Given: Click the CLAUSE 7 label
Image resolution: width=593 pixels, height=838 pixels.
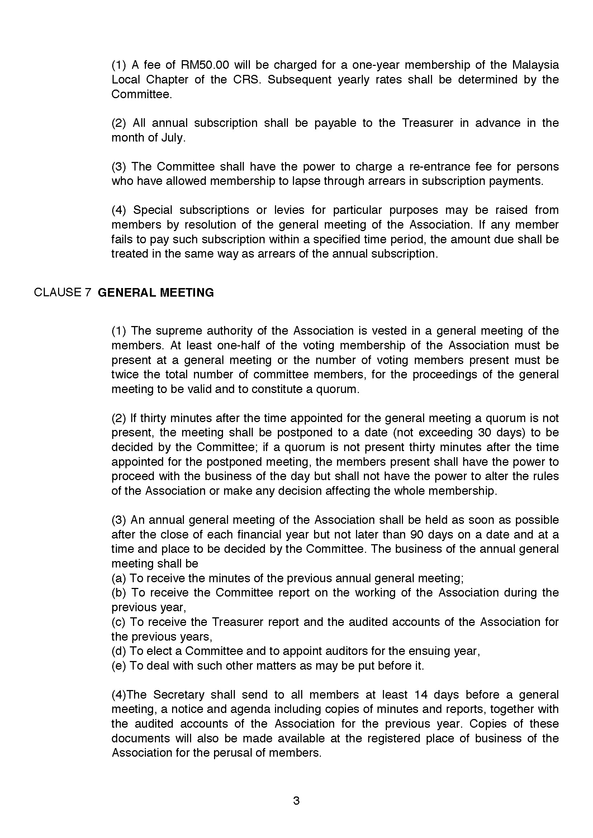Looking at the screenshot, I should tap(62, 292).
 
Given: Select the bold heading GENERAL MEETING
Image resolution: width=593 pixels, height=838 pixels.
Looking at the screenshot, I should tap(156, 292).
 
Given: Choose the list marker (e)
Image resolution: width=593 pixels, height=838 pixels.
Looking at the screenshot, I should tap(119, 666).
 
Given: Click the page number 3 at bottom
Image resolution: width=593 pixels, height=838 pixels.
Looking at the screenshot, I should tap(296, 801).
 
